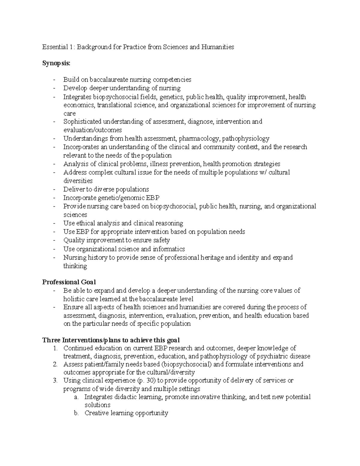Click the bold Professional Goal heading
(x=69, y=282)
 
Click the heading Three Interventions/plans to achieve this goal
(x=111, y=340)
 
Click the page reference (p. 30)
(x=146, y=380)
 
